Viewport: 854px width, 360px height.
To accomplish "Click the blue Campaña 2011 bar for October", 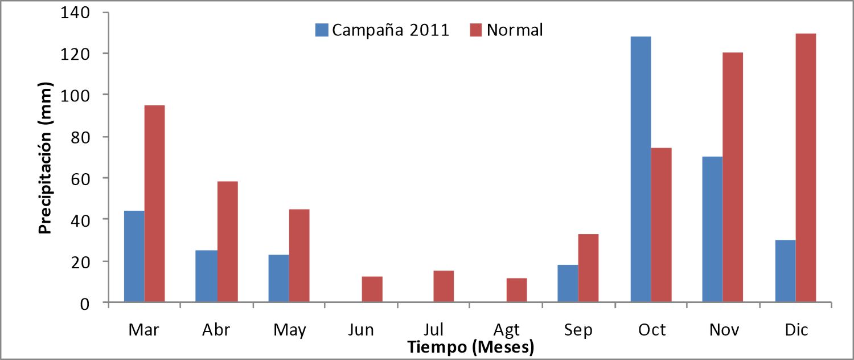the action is click(641, 169).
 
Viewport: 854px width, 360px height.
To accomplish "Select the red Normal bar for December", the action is click(806, 168).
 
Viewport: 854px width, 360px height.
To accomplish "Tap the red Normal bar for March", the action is click(154, 204).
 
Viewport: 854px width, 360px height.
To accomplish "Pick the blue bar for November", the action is click(713, 230).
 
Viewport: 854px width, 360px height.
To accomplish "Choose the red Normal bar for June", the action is click(372, 289).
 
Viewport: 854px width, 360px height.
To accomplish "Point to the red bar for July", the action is click(444, 287).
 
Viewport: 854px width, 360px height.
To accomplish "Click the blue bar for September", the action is click(568, 284).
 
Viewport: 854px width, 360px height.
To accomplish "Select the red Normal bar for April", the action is click(228, 242).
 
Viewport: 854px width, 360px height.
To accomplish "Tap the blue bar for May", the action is click(279, 279).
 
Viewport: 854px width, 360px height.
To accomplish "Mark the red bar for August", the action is click(517, 290).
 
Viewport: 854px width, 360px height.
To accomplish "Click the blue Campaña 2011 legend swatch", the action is click(322, 30).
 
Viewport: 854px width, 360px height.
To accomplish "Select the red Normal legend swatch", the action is click(476, 30).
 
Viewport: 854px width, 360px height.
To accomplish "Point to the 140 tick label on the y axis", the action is click(75, 13).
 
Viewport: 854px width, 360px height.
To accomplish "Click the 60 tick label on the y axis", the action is click(80, 179).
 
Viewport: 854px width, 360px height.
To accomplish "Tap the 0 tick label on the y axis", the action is click(85, 304).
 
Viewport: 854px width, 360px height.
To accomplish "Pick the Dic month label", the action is click(796, 329).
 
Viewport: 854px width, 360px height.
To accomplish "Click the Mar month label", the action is click(143, 329).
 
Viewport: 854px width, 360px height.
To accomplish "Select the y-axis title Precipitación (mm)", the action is click(46, 158).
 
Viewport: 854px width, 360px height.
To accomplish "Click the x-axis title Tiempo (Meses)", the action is click(471, 347).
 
